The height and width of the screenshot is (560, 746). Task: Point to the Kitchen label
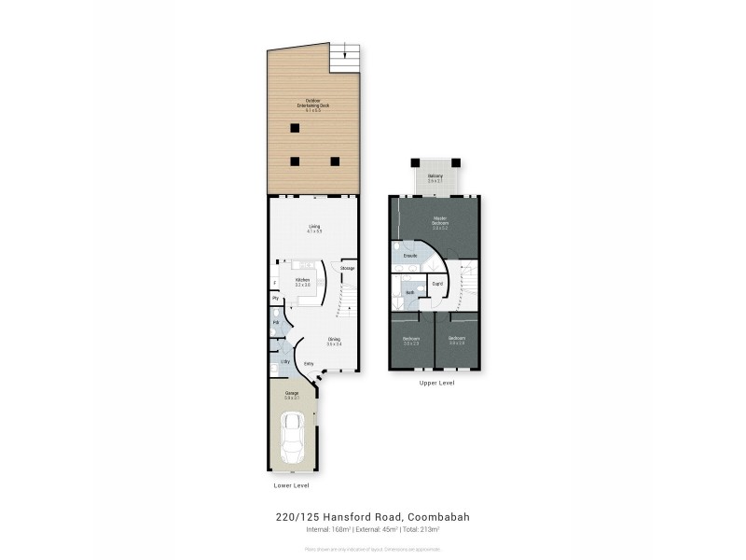click(x=303, y=280)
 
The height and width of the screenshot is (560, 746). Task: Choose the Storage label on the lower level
click(x=347, y=269)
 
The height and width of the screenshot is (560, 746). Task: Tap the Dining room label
click(x=334, y=341)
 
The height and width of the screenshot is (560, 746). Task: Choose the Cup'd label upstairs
click(x=437, y=283)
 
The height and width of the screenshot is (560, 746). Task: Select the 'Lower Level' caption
click(x=293, y=486)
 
